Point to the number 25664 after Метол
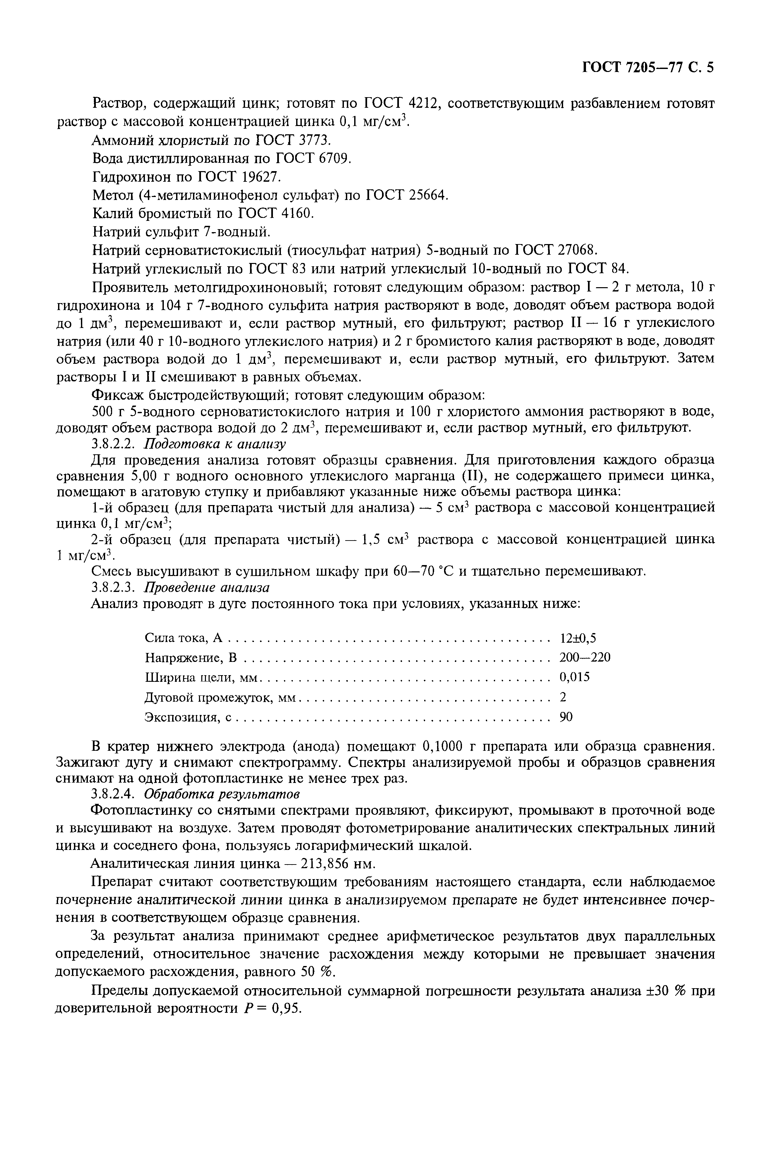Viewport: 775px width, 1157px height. coord(427,195)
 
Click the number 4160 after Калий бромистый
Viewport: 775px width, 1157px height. coord(296,214)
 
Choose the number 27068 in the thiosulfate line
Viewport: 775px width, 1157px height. coord(577,250)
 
